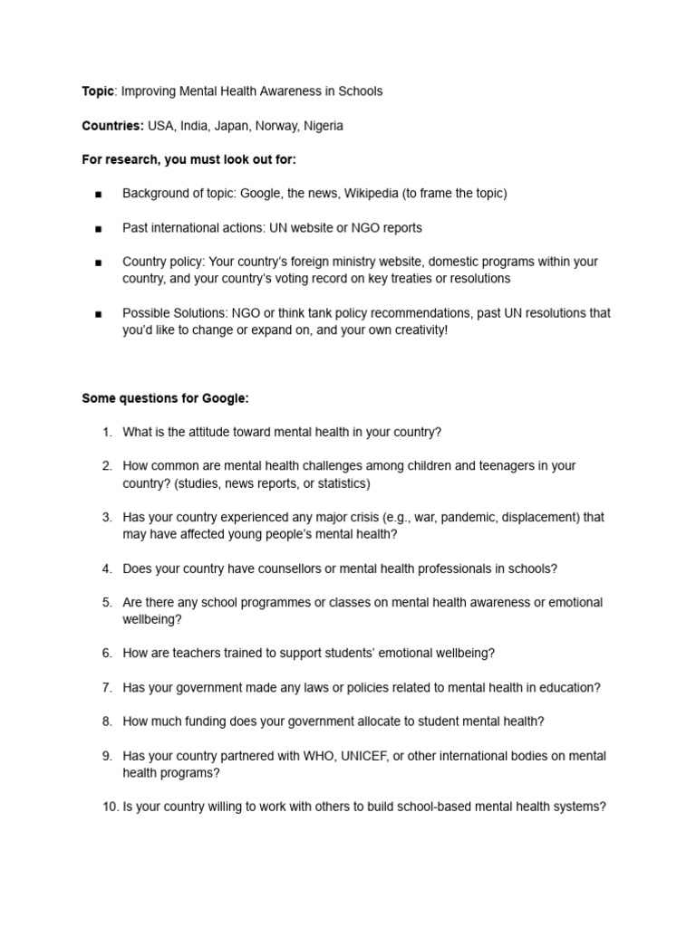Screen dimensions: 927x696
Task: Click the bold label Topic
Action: click(x=98, y=91)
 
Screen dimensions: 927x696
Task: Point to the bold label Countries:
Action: click(x=113, y=126)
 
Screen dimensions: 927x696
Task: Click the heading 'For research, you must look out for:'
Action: click(x=188, y=160)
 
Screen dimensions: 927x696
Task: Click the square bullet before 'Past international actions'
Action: click(x=97, y=228)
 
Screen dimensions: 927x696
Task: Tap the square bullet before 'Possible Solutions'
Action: click(x=97, y=314)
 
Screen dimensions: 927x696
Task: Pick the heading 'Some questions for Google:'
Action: click(x=165, y=398)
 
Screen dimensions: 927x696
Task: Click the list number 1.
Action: click(x=106, y=433)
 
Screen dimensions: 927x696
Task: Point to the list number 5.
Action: click(x=106, y=603)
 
